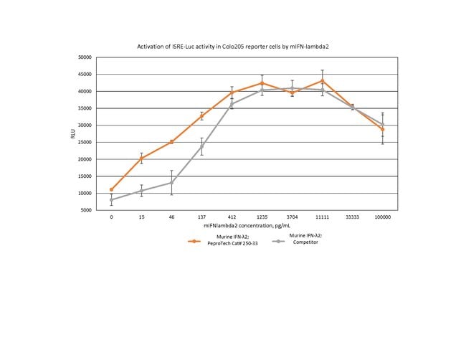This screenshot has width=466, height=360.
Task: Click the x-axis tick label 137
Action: (201, 217)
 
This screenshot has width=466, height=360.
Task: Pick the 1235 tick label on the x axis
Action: (262, 217)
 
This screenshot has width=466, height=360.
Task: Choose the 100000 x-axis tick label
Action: (383, 217)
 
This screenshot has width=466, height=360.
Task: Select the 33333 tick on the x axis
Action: (352, 217)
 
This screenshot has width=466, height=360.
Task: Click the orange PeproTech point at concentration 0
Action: (111, 189)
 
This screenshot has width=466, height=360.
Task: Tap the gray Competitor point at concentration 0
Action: (111, 200)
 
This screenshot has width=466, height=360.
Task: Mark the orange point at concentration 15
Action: (141, 158)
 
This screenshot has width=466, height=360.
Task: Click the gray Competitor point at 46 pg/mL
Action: (171, 182)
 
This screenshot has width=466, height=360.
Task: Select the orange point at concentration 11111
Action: (323, 80)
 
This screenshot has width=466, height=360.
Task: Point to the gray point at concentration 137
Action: (201, 147)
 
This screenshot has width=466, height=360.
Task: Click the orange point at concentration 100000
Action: (383, 130)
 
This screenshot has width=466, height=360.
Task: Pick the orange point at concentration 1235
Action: (262, 83)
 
